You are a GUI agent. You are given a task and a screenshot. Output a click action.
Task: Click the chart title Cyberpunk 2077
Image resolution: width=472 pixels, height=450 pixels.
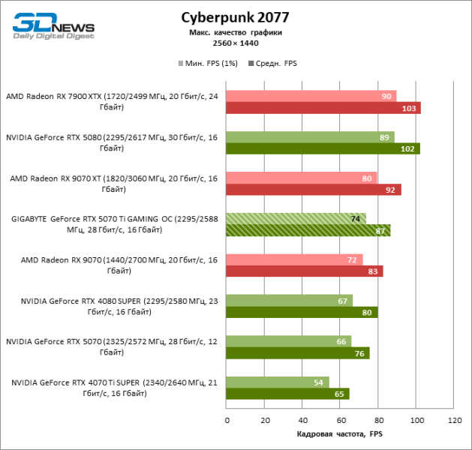pos(235,17)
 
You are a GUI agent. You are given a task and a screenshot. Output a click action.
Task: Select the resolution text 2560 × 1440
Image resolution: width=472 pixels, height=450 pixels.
pos(236,43)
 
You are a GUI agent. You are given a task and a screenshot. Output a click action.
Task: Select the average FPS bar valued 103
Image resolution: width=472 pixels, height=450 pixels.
pos(323,108)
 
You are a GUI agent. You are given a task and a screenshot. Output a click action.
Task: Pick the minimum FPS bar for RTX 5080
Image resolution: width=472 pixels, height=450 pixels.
pos(310,136)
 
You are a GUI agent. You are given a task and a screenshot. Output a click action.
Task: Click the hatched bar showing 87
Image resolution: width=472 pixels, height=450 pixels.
pos(308,231)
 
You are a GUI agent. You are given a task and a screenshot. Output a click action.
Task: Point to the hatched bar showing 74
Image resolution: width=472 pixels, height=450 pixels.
pos(296,218)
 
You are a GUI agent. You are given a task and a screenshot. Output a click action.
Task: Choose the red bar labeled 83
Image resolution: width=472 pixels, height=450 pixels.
pos(305,271)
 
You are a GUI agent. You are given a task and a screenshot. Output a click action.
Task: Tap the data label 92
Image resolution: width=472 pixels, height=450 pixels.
pos(390,190)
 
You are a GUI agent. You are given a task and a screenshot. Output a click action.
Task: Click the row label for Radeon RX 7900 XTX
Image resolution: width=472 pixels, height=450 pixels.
pos(112,101)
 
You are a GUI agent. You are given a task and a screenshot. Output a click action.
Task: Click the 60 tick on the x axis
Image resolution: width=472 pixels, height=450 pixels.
pos(341,421)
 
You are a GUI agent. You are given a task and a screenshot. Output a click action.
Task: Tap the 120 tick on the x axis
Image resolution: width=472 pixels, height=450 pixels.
pos(454,421)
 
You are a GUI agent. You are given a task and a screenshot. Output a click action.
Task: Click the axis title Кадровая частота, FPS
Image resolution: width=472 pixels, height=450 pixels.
pos(340,435)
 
